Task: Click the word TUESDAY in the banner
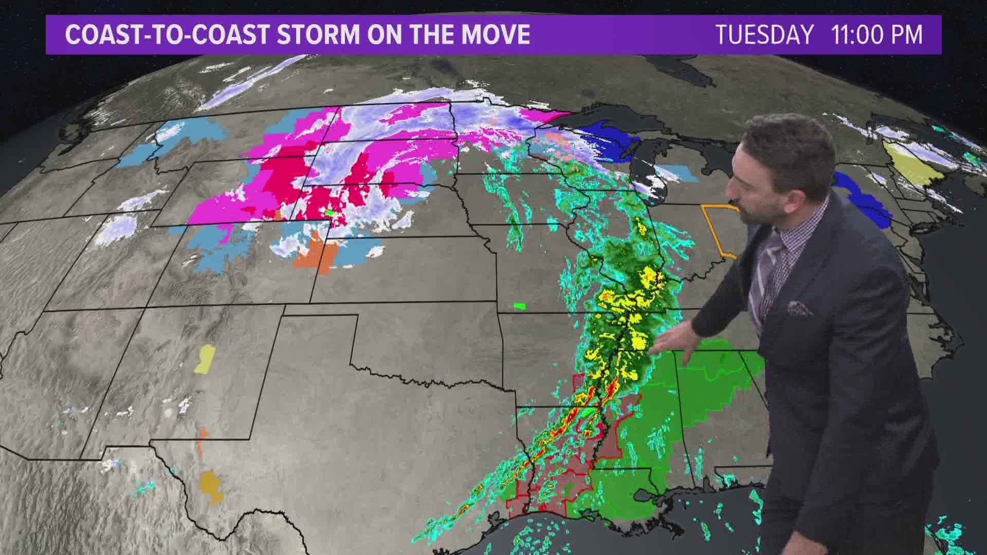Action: click(x=764, y=35)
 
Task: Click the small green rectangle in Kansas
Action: click(x=520, y=306)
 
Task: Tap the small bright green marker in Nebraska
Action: click(x=330, y=212)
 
